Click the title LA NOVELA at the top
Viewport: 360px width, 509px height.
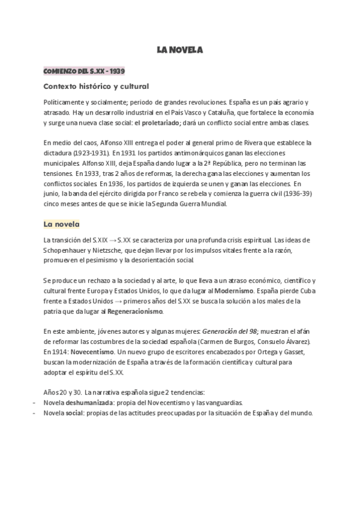pyautogui.click(x=180, y=50)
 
